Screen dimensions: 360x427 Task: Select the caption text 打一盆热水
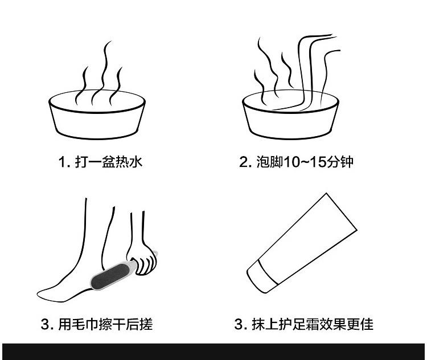click(x=108, y=162)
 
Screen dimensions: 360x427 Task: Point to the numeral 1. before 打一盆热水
click(x=64, y=162)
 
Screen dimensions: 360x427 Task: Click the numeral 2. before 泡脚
click(x=245, y=162)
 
